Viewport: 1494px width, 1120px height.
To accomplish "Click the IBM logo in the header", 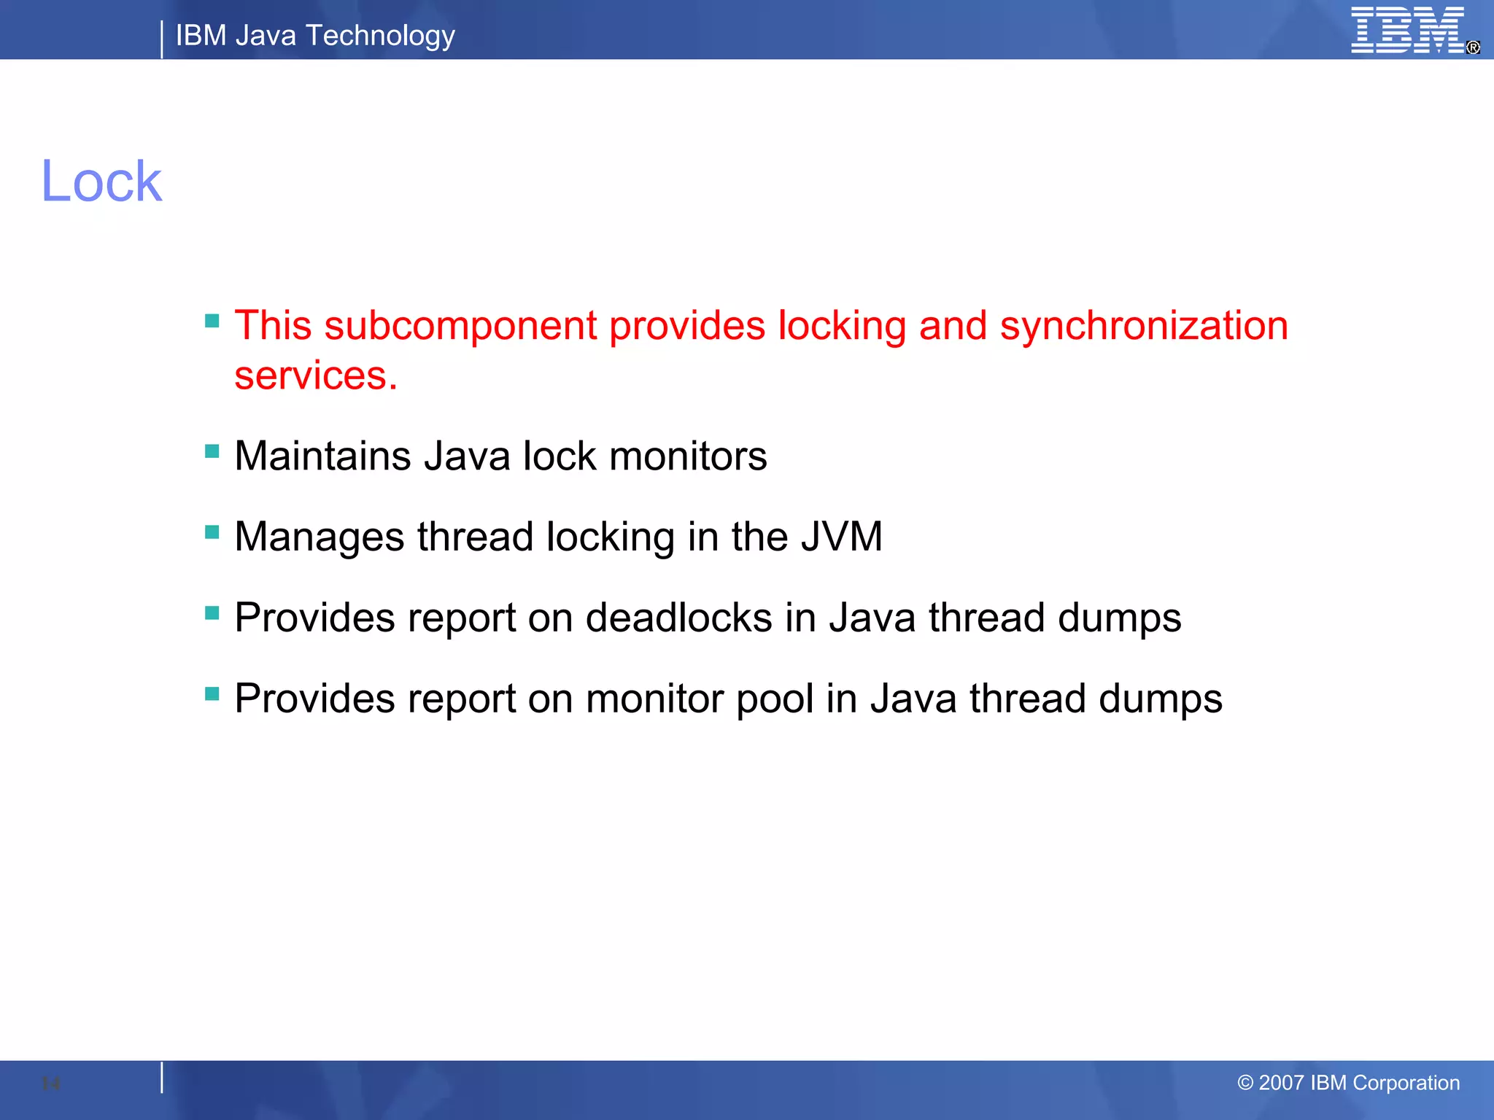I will point(1408,31).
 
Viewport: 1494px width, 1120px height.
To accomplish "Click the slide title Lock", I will point(101,182).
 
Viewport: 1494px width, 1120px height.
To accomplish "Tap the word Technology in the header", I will point(380,36).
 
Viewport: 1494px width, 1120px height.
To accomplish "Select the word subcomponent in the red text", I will point(460,326).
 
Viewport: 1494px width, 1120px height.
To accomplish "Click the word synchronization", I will point(1143,326).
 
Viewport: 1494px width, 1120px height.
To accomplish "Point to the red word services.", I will point(315,376).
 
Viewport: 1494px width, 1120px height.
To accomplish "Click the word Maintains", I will point(322,456).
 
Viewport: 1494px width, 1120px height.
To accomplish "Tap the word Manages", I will point(319,537).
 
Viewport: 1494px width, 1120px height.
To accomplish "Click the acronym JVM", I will point(841,537).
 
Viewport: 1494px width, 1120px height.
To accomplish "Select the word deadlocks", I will point(678,618).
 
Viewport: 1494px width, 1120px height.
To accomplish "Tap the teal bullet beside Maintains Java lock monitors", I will point(212,451).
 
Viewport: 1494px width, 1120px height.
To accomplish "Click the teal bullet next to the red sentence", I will point(212,321).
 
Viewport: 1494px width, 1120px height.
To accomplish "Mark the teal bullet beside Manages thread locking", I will point(212,532).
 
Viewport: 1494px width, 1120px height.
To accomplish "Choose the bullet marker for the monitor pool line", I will point(212,693).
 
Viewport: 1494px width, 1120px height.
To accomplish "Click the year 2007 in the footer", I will point(1281,1083).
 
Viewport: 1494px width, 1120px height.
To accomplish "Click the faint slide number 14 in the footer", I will point(51,1084).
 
